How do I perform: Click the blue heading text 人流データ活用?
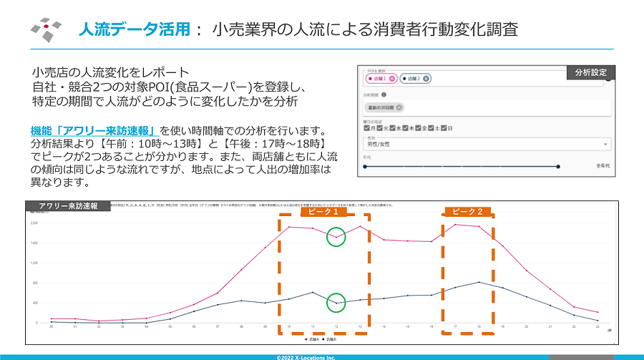(134, 29)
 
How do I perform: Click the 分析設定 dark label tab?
(590, 72)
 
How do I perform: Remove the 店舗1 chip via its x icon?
(392, 79)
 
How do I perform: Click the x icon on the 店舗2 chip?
(426, 79)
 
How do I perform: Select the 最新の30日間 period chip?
(383, 107)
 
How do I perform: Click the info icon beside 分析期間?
(384, 94)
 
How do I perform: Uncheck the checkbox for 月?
(366, 128)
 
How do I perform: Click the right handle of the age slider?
(558, 167)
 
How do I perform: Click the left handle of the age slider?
(365, 167)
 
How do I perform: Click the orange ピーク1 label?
(323, 212)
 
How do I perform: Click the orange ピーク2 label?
(469, 212)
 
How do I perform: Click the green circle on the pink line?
(336, 237)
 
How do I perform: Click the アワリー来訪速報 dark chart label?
(67, 206)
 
